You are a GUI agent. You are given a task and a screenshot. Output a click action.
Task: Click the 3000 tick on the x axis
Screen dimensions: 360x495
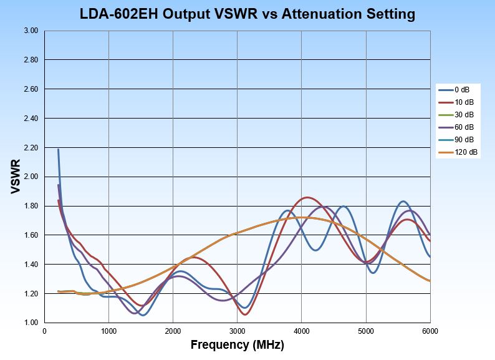[238, 331]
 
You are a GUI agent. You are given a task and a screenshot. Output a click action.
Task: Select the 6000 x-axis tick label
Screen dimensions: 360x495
[430, 331]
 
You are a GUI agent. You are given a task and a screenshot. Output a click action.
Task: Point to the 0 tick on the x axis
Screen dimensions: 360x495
[44, 331]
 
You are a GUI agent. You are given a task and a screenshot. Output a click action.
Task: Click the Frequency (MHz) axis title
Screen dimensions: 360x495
[237, 344]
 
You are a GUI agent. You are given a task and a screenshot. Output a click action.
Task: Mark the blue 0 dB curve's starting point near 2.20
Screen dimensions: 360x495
[58, 149]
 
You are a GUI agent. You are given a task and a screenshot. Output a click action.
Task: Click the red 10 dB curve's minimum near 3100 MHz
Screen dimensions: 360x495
[244, 314]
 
